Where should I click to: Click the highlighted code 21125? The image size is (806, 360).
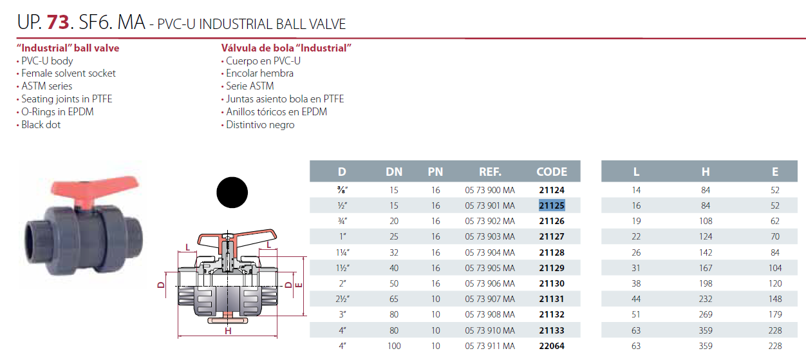(552, 205)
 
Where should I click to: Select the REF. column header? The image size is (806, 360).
(490, 172)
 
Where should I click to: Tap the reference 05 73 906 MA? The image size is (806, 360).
(490, 283)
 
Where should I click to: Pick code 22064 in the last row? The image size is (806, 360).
(552, 346)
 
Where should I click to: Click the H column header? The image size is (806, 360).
(706, 172)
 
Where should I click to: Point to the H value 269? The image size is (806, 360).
(706, 314)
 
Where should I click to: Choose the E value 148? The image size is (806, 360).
(774, 299)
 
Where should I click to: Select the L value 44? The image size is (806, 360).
(636, 299)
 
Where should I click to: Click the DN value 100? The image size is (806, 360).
(394, 346)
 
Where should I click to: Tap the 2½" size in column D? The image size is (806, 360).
(342, 299)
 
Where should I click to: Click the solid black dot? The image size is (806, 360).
(232, 191)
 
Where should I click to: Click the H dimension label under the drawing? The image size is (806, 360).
(228, 332)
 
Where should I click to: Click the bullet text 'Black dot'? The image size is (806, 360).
(41, 124)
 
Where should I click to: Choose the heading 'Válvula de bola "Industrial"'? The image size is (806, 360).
(286, 48)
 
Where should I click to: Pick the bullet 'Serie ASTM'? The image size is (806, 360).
(250, 86)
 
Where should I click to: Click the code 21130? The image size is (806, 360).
(552, 283)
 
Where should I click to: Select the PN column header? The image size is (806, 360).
(435, 172)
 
